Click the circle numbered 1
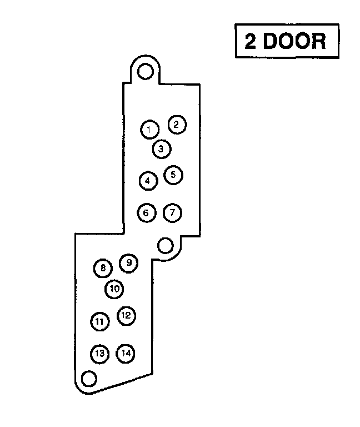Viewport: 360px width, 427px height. point(149,130)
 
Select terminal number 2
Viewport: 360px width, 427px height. point(176,125)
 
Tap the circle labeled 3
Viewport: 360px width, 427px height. point(161,148)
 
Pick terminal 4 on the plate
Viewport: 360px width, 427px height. point(148,181)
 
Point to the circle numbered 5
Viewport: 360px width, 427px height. point(173,175)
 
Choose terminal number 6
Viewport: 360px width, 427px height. point(146,212)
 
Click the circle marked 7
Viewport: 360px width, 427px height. point(173,212)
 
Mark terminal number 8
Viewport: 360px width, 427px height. point(103,269)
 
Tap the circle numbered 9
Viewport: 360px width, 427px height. point(129,262)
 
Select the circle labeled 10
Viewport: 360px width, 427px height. point(114,289)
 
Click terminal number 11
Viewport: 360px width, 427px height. point(99,321)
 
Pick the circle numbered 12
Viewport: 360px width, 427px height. point(126,316)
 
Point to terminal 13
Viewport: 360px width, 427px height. point(99,353)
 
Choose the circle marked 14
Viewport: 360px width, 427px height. point(126,353)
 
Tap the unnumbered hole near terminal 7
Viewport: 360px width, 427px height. point(165,245)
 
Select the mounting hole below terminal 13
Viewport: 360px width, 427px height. point(88,379)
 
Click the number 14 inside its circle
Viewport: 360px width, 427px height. point(126,353)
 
